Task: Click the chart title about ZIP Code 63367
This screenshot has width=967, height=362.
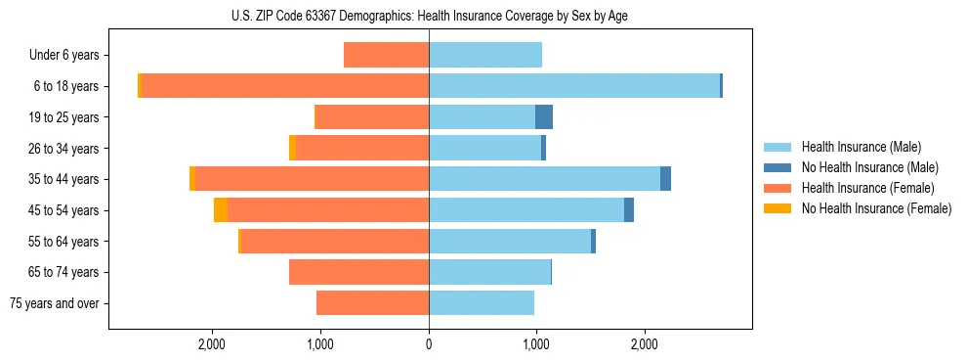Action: coord(429,16)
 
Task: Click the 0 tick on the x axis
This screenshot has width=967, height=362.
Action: coord(429,343)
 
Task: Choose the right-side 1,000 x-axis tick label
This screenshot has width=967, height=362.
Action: coord(535,343)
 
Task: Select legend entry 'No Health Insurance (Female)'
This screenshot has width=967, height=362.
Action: coord(876,208)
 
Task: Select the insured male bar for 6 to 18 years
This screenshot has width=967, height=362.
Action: coord(574,86)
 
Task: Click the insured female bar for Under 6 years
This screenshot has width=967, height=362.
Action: coord(386,56)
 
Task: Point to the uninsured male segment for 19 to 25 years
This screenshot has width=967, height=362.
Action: coord(544,117)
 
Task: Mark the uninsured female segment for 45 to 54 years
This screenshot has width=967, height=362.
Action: coord(221,210)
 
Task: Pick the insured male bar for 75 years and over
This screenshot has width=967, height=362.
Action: coord(482,303)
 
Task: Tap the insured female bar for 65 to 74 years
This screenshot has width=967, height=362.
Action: coord(358,272)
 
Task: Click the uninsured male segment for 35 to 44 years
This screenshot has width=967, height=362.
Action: coord(666,179)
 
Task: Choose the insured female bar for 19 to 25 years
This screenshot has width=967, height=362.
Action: coord(372,117)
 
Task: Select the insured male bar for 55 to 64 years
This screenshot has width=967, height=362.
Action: coord(510,242)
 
